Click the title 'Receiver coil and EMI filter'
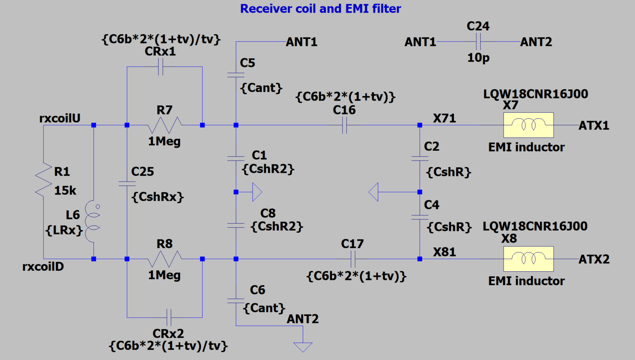pyautogui.click(x=320, y=9)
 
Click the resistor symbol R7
pyautogui.click(x=165, y=125)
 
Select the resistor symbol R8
pyautogui.click(x=165, y=259)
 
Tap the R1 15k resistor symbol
pyautogui.click(x=44, y=180)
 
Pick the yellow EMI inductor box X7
pyautogui.click(x=528, y=125)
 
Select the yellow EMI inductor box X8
pyautogui.click(x=528, y=259)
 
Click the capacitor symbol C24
pyautogui.click(x=478, y=42)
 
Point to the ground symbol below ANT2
pyautogui.click(x=303, y=347)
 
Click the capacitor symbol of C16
pyautogui.click(x=344, y=125)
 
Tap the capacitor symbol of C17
pyautogui.click(x=353, y=259)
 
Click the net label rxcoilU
pyautogui.click(x=60, y=118)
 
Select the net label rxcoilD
pyautogui.click(x=43, y=267)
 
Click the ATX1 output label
pyautogui.click(x=594, y=126)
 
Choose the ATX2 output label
pyautogui.click(x=594, y=259)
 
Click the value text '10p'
pyautogui.click(x=478, y=58)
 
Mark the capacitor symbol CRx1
pyautogui.click(x=160, y=67)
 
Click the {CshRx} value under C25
pyautogui.click(x=157, y=197)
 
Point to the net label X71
pyautogui.click(x=444, y=118)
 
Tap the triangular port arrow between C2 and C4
pyautogui.click(x=374, y=192)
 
